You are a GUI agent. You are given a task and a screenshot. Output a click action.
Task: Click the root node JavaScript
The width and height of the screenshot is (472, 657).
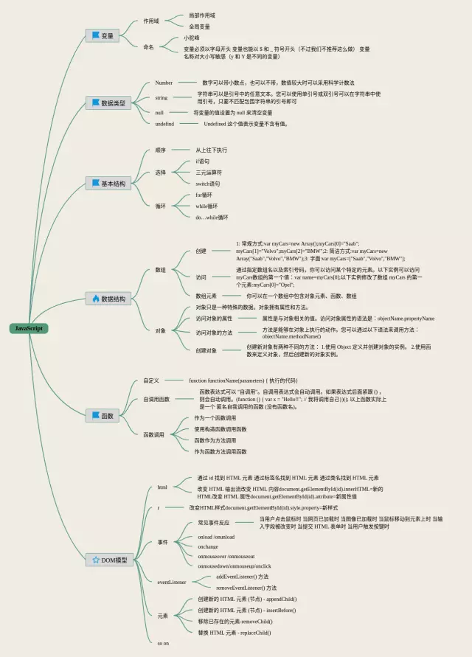tap(29, 328)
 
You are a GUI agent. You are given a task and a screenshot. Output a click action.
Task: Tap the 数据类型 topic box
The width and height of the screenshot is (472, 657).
tap(106, 102)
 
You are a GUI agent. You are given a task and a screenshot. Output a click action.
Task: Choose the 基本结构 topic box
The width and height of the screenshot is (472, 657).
tap(106, 183)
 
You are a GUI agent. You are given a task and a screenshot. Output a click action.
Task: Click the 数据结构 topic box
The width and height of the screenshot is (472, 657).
tap(106, 299)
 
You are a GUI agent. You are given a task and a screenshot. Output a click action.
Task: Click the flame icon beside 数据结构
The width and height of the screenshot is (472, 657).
tap(95, 299)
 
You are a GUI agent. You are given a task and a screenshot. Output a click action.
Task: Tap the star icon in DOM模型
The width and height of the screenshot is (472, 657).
tap(95, 560)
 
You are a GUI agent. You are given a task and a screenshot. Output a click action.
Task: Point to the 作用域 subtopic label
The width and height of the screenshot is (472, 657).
tap(150, 21)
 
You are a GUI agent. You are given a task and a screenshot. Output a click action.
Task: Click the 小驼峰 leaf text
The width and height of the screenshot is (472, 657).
tap(191, 38)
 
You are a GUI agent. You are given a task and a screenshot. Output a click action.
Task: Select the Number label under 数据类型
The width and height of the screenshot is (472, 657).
tap(164, 83)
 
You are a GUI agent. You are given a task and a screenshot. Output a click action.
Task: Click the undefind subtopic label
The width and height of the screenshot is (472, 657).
tap(164, 124)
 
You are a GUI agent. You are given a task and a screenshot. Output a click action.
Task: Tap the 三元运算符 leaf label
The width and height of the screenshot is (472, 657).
tap(208, 172)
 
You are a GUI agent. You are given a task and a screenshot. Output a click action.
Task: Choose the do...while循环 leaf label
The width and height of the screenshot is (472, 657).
tap(212, 218)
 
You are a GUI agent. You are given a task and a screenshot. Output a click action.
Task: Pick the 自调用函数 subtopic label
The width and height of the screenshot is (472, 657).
tap(156, 399)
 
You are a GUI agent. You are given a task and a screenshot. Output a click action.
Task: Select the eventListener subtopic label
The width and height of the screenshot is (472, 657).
tap(172, 582)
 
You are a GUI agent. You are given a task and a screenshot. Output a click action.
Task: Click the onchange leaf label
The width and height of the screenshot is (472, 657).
tap(208, 546)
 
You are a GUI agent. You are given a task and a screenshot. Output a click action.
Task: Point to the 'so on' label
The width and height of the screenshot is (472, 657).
tap(163, 643)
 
